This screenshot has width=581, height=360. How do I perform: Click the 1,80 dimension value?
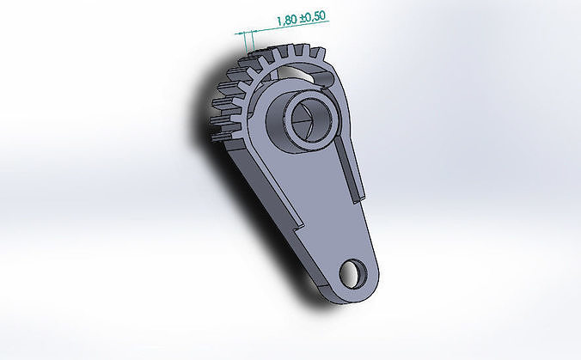tap(287, 20)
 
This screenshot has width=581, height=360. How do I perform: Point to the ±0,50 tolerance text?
tap(313, 16)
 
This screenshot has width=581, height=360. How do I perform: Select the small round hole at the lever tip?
tap(353, 273)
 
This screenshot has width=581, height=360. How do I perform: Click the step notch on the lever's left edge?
tap(298, 225)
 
